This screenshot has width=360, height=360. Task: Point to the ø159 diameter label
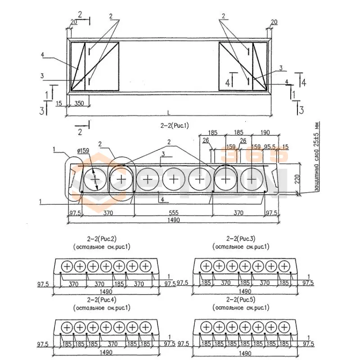pyautogui.click(x=84, y=151)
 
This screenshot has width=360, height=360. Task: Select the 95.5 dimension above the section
pyautogui.click(x=270, y=146)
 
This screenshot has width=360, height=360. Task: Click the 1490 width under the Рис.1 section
pyautogui.click(x=173, y=220)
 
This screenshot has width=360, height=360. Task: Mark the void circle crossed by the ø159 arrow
pyautogui.click(x=95, y=180)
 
